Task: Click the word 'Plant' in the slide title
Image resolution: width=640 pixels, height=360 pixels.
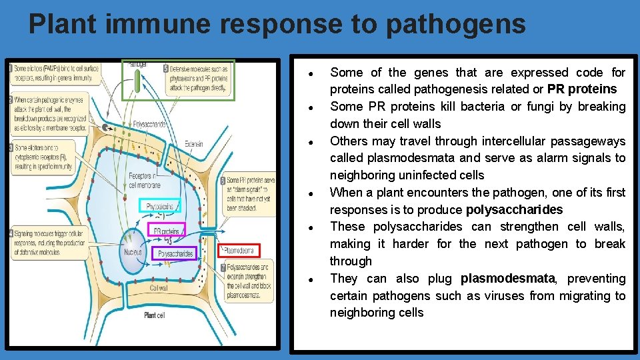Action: [x=62, y=24]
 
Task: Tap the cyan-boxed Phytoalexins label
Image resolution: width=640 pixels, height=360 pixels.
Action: [x=160, y=207]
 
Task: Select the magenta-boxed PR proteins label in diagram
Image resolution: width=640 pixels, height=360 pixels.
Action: [x=167, y=232]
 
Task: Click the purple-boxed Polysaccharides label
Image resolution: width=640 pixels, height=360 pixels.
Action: [x=176, y=254]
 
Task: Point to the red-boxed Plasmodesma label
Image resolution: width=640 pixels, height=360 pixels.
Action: [x=239, y=251]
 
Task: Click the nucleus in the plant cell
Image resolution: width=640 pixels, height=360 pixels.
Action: [x=133, y=252]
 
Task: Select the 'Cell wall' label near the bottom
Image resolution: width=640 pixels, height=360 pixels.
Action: [x=159, y=288]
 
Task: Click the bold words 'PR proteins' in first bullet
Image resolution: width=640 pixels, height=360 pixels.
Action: [x=582, y=89]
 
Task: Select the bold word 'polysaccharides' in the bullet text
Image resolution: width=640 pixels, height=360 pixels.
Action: [x=514, y=210]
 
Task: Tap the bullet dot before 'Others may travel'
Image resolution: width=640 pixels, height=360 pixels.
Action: [x=311, y=141]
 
